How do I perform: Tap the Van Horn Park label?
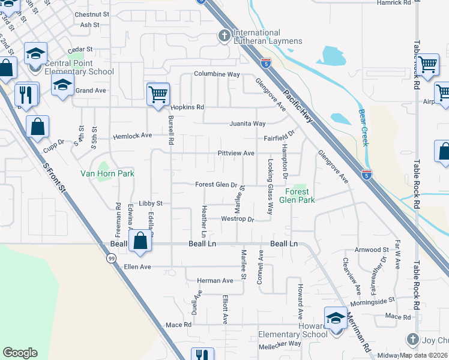(x=107, y=173)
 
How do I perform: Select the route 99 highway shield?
(x=111, y=258)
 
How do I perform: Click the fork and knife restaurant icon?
(x=26, y=95)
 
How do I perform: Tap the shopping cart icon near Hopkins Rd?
(x=158, y=94)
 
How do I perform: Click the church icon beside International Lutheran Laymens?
(x=224, y=37)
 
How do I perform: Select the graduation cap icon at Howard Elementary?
(x=335, y=319)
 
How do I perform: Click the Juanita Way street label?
(x=247, y=124)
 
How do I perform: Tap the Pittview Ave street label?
(x=236, y=153)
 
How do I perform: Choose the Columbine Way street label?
(x=217, y=74)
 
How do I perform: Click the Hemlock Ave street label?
(x=133, y=136)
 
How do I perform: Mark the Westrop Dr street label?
(x=238, y=219)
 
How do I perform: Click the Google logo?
(x=20, y=353)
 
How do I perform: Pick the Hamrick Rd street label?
(x=394, y=3)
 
